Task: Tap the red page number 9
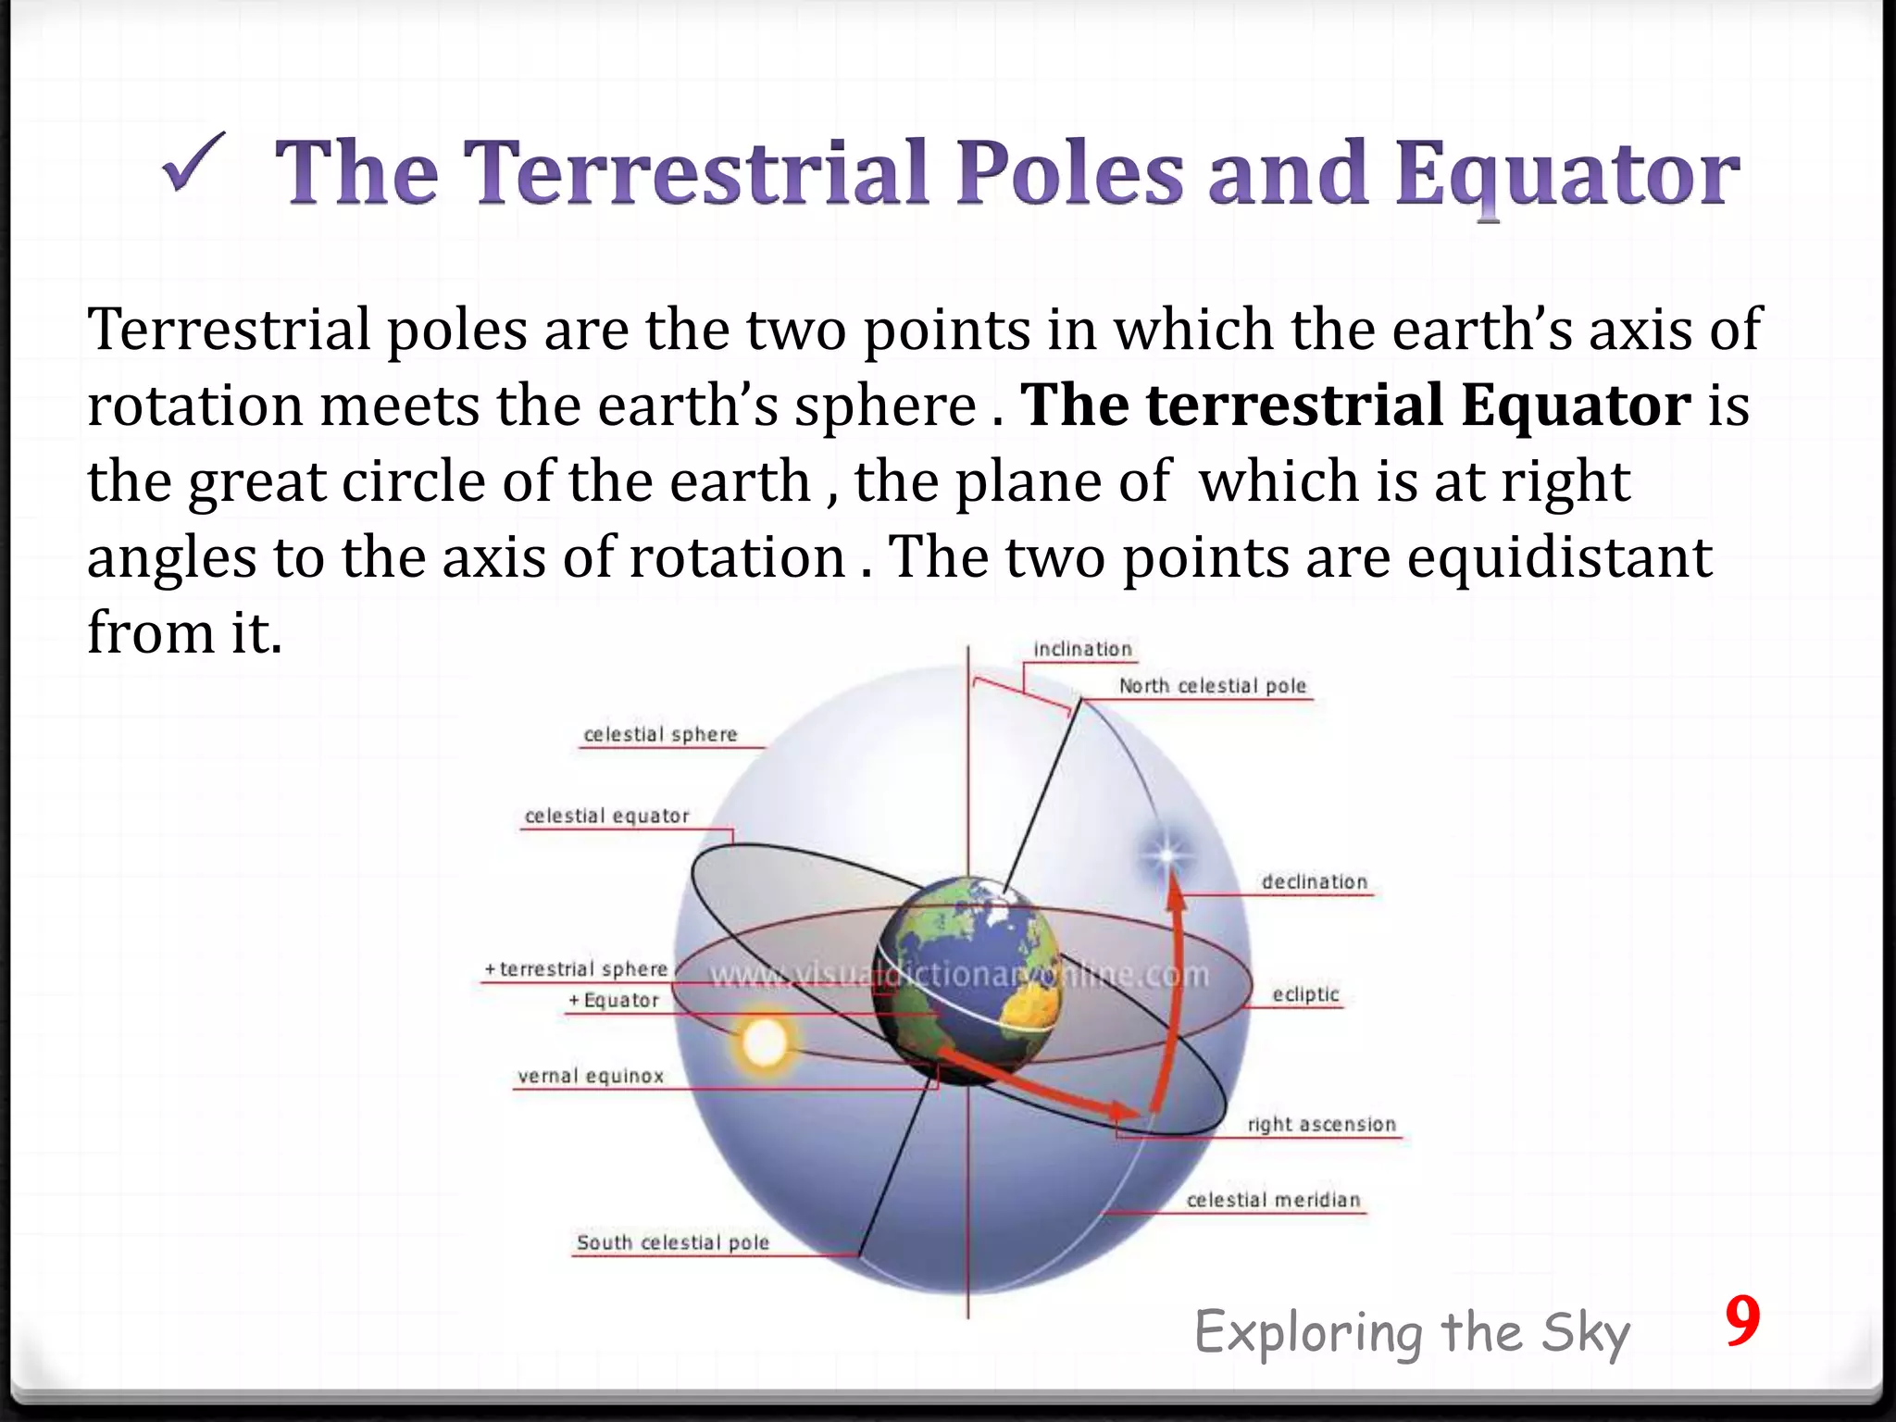pyautogui.click(x=1741, y=1323)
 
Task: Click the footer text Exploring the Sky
pyautogui.click(x=1412, y=1334)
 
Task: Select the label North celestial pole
pyautogui.click(x=1212, y=686)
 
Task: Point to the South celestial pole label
pyautogui.click(x=672, y=1242)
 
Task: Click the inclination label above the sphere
pyautogui.click(x=1082, y=649)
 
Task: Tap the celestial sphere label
pyautogui.click(x=660, y=734)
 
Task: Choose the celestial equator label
pyautogui.click(x=606, y=816)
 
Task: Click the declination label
pyautogui.click(x=1314, y=882)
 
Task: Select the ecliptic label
pyautogui.click(x=1305, y=994)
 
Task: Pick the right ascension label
pyautogui.click(x=1321, y=1124)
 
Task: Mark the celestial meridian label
pyautogui.click(x=1273, y=1200)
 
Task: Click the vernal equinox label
pyautogui.click(x=591, y=1076)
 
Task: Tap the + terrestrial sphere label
pyautogui.click(x=576, y=968)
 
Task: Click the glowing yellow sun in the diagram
pyautogui.click(x=765, y=1043)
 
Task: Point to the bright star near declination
pyautogui.click(x=1166, y=854)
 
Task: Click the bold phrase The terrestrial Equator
pyautogui.click(x=1355, y=405)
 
